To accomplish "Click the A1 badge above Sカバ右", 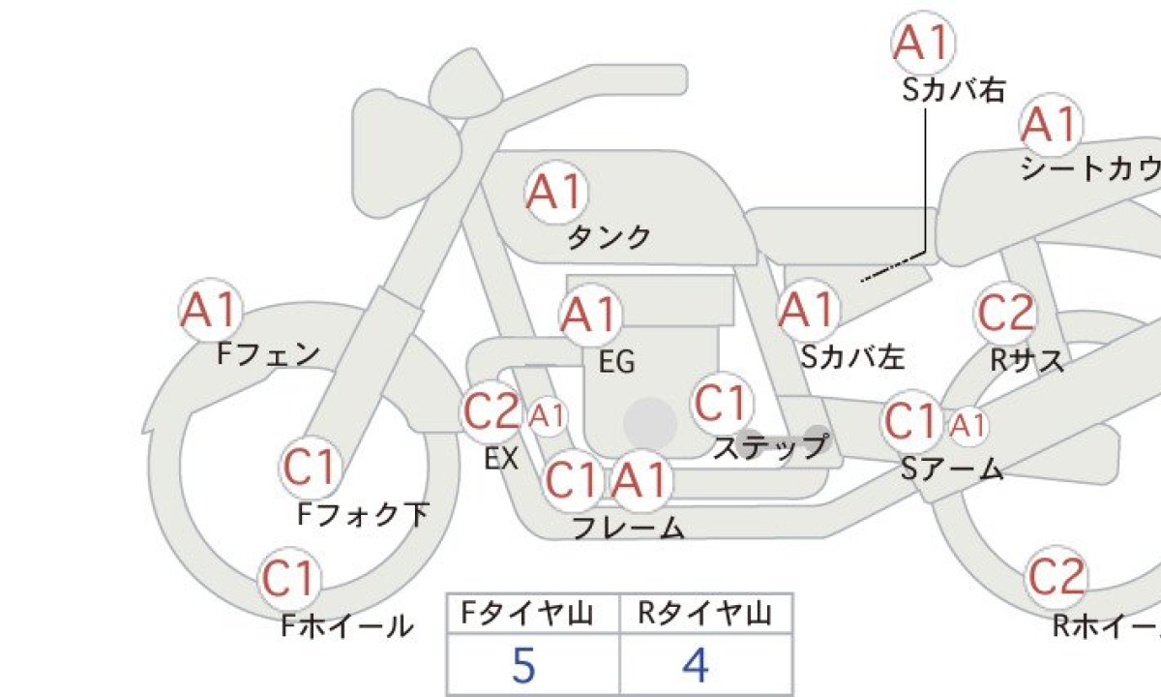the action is pyautogui.click(x=923, y=43).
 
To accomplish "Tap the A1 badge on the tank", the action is pyautogui.click(x=556, y=192).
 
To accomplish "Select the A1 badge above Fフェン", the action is pyautogui.click(x=211, y=310).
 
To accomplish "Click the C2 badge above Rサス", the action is pyautogui.click(x=1006, y=314).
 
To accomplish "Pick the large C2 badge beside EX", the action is pyautogui.click(x=491, y=411).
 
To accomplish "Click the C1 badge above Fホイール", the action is pyautogui.click(x=289, y=578).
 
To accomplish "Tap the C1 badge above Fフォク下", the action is pyautogui.click(x=311, y=467).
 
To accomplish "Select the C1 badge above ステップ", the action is pyautogui.click(x=722, y=404).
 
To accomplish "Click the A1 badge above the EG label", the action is pyautogui.click(x=591, y=315).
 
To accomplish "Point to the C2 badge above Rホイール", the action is pyautogui.click(x=1057, y=577).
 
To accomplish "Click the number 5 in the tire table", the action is pyautogui.click(x=523, y=665).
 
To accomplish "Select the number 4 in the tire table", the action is pyautogui.click(x=696, y=665).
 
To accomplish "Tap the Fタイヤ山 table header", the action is pyautogui.click(x=527, y=614).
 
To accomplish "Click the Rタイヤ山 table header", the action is pyautogui.click(x=705, y=614).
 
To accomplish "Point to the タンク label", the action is pyautogui.click(x=610, y=237).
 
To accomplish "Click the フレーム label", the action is pyautogui.click(x=628, y=527).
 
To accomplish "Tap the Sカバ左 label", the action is pyautogui.click(x=853, y=357).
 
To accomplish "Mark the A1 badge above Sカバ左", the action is pyautogui.click(x=809, y=310).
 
